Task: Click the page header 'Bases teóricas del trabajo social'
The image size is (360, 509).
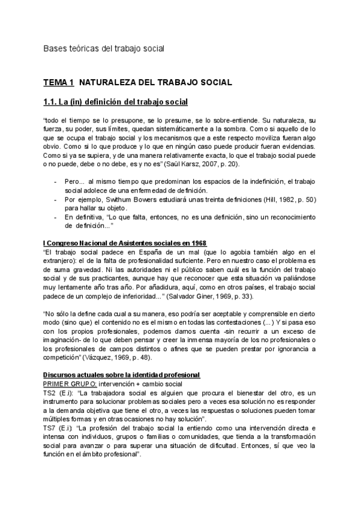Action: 104,47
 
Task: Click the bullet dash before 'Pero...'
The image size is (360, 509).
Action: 55,181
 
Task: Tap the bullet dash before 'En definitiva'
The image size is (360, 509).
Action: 55,216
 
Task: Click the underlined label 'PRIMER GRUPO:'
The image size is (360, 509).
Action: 70,383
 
